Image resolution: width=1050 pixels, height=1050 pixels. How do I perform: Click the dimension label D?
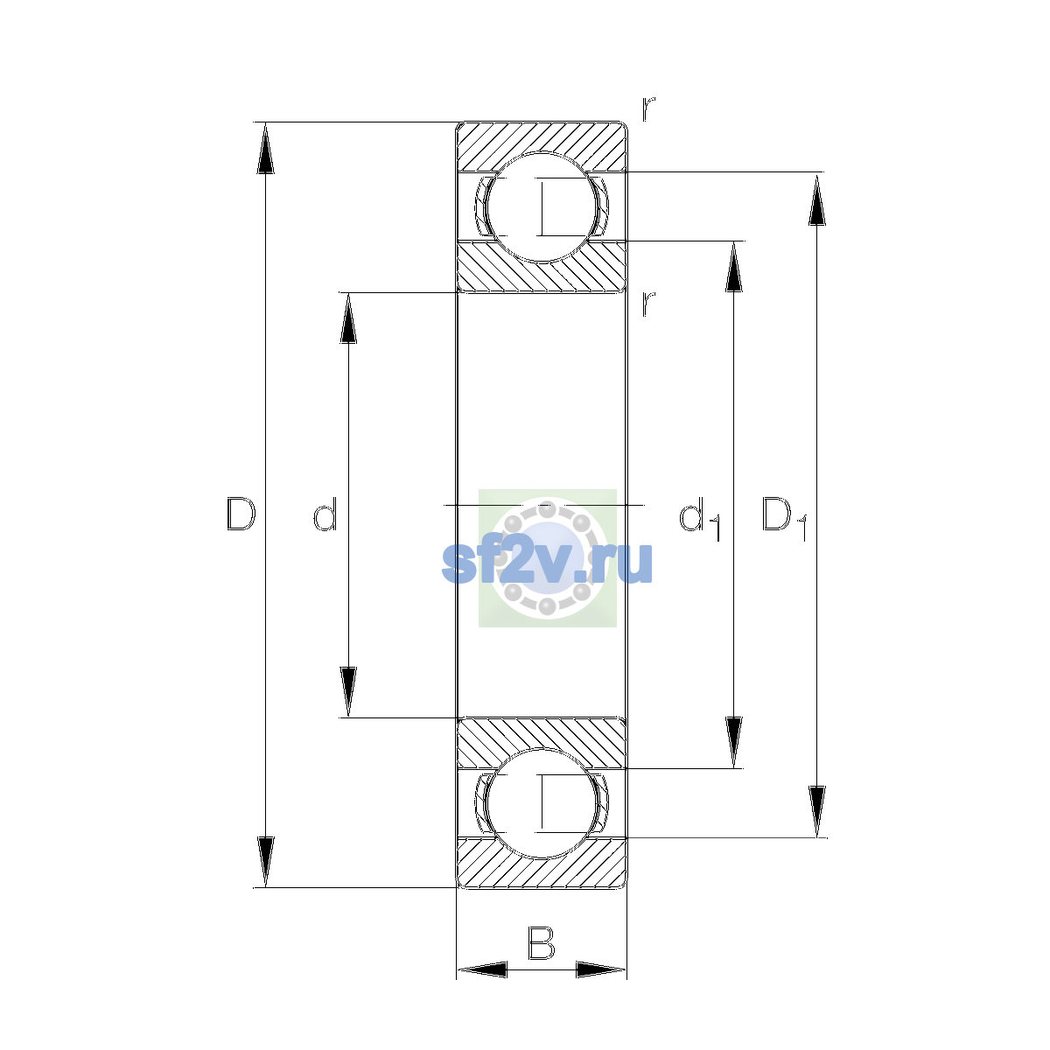pos(241,514)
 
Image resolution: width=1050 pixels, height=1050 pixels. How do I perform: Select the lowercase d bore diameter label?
pos(325,514)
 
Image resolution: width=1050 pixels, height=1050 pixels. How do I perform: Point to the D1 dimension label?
pos(784,519)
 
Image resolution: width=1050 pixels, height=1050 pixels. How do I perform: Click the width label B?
pos(541,942)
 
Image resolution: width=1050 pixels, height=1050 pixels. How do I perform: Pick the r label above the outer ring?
pos(647,108)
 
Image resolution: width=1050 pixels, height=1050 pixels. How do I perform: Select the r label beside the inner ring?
pos(647,304)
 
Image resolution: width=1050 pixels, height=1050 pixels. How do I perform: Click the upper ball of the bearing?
pos(542,207)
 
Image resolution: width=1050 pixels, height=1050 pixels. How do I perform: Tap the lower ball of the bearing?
pos(542,803)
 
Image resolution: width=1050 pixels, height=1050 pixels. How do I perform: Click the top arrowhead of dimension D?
pos(265,148)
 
